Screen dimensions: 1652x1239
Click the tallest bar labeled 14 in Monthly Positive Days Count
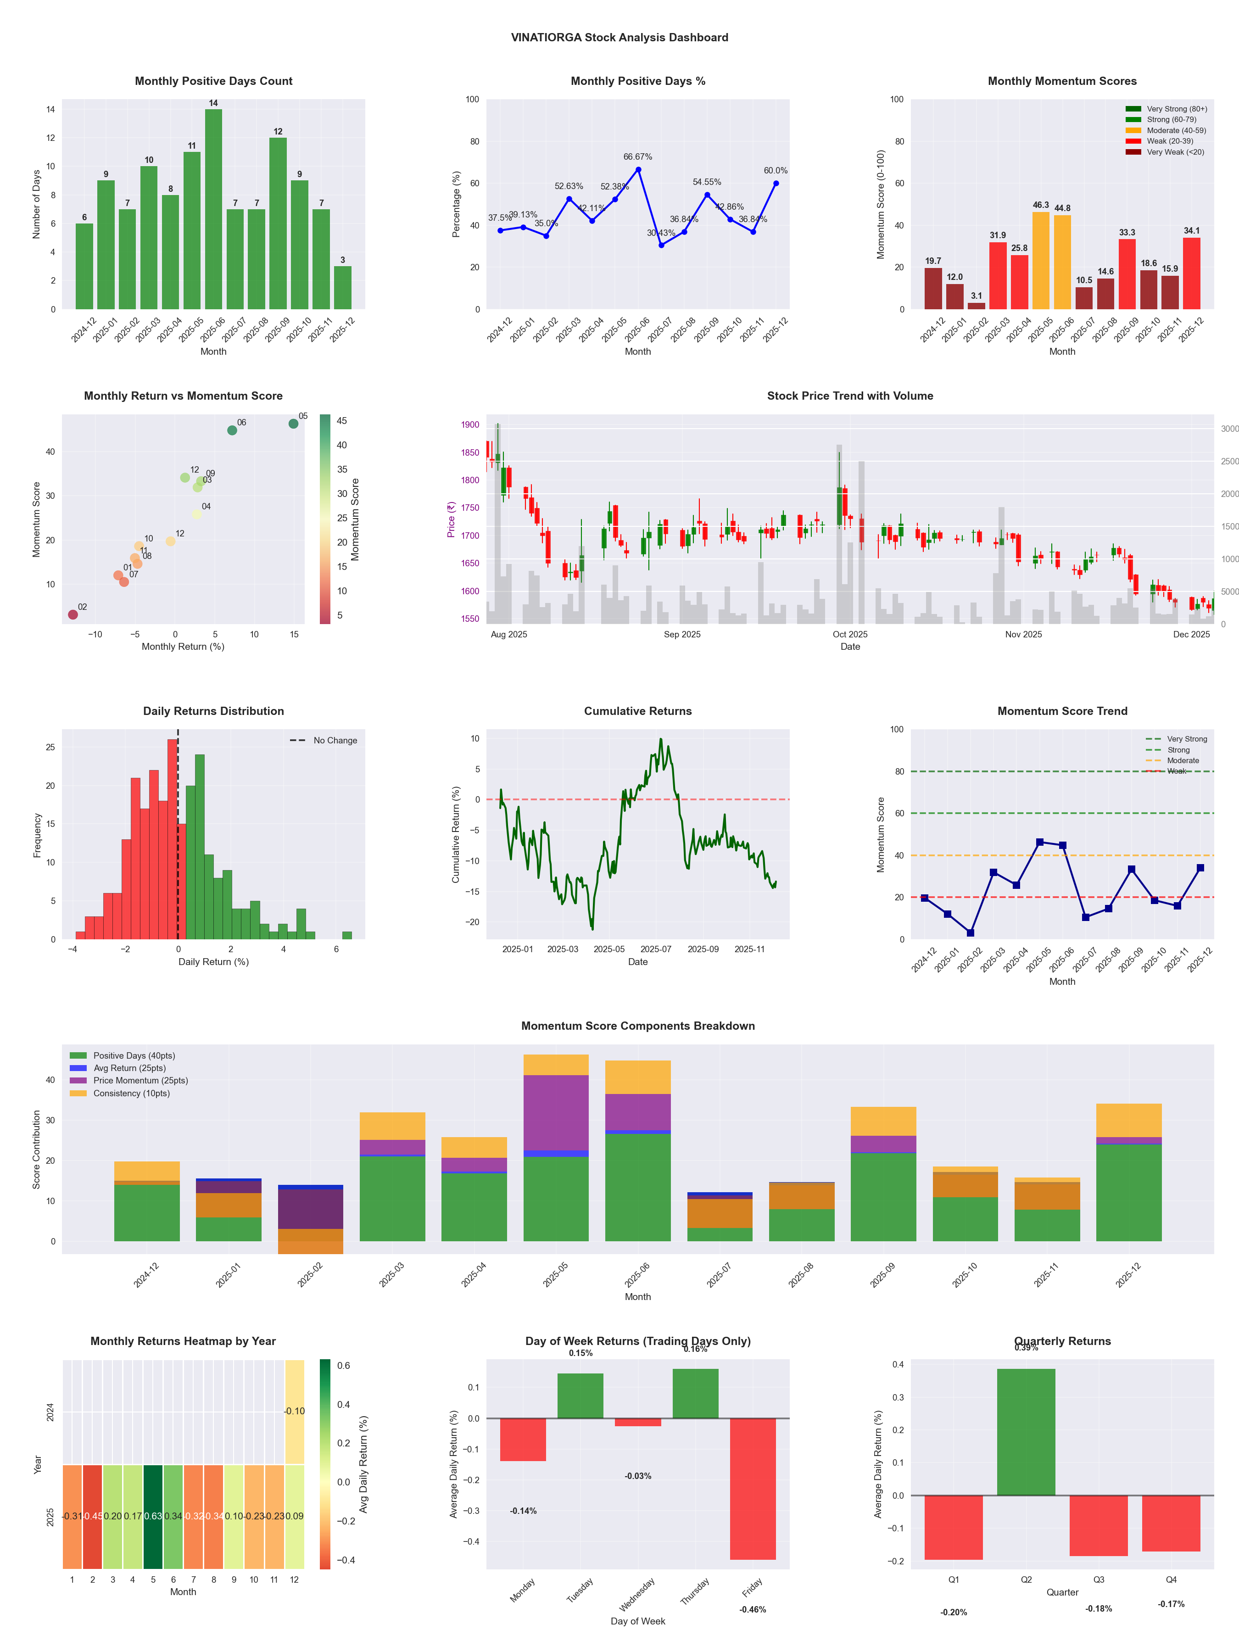click(213, 209)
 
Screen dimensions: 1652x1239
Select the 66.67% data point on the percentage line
click(638, 169)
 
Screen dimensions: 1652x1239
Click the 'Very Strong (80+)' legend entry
click(1176, 109)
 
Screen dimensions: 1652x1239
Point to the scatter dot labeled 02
click(73, 614)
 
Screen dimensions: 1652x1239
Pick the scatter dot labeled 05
click(294, 424)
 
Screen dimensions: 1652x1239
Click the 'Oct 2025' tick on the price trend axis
click(850, 635)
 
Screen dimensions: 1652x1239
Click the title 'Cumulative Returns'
click(638, 711)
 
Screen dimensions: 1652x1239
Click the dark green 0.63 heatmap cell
click(153, 1517)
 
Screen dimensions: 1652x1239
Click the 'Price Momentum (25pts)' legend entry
click(140, 1081)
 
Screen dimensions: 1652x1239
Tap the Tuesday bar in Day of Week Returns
click(580, 1396)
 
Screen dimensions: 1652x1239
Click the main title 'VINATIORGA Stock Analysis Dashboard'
click(619, 37)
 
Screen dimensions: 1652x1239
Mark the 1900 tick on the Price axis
click(470, 425)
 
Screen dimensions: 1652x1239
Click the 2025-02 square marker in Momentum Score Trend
click(970, 933)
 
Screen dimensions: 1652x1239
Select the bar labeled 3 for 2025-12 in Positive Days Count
click(343, 288)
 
